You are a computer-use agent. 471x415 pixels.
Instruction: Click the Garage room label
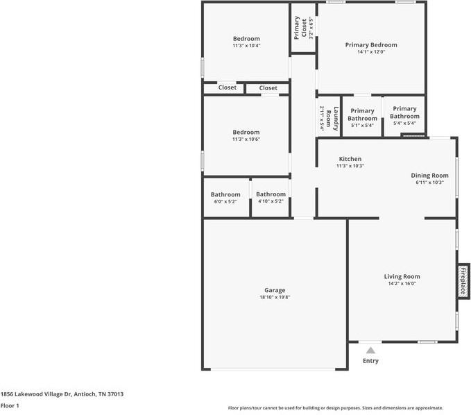(275, 290)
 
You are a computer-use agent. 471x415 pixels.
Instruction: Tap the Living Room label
(402, 276)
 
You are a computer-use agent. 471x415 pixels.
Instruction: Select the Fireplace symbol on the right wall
(463, 281)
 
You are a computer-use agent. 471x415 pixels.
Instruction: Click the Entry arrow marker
(371, 350)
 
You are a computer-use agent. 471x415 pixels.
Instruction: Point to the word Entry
(371, 361)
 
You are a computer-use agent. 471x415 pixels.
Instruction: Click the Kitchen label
(350, 159)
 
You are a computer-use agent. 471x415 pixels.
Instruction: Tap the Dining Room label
(429, 176)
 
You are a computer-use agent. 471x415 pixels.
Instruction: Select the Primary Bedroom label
(371, 44)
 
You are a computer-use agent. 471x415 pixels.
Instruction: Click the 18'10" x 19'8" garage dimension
(275, 298)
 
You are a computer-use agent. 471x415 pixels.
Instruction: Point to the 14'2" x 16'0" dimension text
(402, 283)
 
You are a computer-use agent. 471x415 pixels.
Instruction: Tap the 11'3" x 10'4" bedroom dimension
(246, 46)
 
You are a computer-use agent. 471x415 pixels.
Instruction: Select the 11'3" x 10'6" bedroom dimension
(246, 139)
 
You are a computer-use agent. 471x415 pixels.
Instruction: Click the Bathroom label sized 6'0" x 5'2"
(225, 194)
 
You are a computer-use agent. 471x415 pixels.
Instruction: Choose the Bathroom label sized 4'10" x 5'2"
(271, 194)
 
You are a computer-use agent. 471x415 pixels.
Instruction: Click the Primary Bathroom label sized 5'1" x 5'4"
(362, 115)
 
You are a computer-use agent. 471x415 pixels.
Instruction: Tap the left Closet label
(228, 88)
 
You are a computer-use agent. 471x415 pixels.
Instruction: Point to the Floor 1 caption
(9, 405)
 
